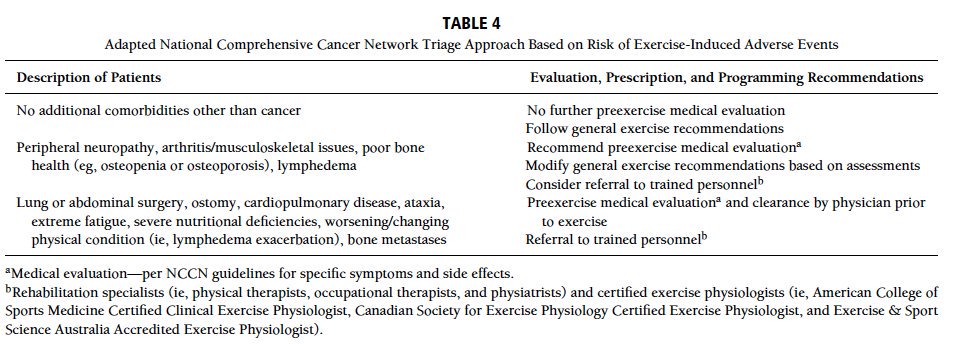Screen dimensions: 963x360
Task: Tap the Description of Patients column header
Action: [89, 77]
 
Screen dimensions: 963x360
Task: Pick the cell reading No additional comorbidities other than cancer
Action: [159, 110]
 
